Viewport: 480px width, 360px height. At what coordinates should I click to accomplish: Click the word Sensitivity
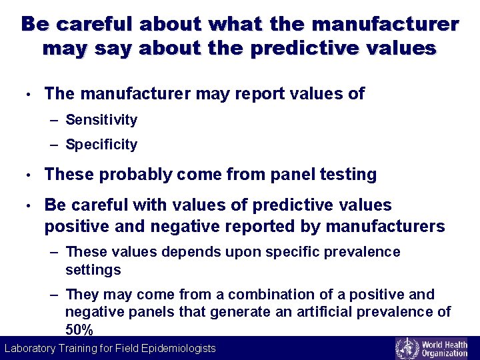(x=101, y=120)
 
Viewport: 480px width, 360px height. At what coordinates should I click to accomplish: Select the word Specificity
(x=101, y=145)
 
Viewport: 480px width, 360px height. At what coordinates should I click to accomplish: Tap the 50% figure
(x=79, y=329)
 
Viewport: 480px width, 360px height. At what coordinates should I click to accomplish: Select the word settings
(x=93, y=270)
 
